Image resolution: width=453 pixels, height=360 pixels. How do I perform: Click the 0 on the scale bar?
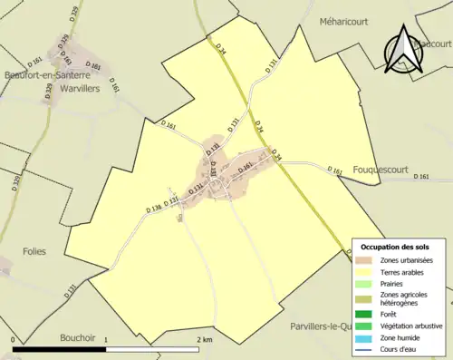click(x=14, y=340)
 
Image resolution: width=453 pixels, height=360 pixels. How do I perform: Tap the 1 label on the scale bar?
click(x=107, y=340)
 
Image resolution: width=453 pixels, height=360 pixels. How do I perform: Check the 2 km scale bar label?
click(x=205, y=340)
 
